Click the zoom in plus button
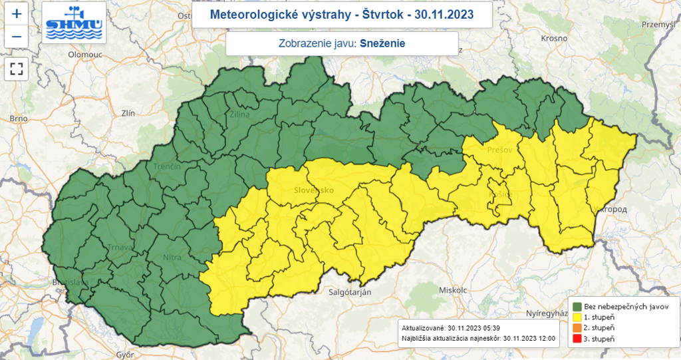pyautogui.click(x=17, y=13)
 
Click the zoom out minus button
pyautogui.click(x=17, y=37)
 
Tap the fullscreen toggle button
pyautogui.click(x=17, y=68)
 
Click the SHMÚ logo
pyautogui.click(x=74, y=22)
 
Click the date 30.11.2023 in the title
pyautogui.click(x=443, y=15)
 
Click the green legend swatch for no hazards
pyautogui.click(x=577, y=306)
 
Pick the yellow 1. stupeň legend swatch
pyautogui.click(x=577, y=317)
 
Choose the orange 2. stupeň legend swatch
pyautogui.click(x=577, y=329)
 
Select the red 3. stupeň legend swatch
pyautogui.click(x=577, y=340)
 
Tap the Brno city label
pyautogui.click(x=18, y=119)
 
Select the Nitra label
pyautogui.click(x=172, y=256)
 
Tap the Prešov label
pyautogui.click(x=499, y=150)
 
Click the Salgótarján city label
pyautogui.click(x=350, y=291)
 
